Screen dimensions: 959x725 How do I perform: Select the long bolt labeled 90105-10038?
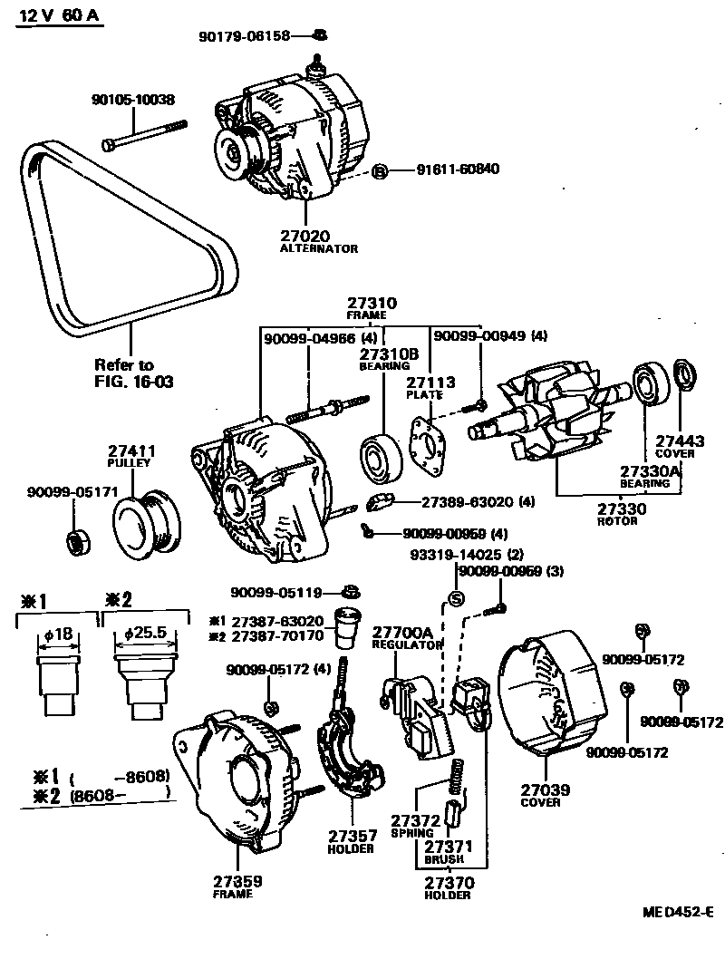[145, 133]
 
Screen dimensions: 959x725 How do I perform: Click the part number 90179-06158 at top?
[245, 36]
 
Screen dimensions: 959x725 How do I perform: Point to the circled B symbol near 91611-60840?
[381, 170]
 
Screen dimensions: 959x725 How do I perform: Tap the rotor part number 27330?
[621, 509]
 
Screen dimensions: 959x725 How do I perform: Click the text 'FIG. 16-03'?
[133, 382]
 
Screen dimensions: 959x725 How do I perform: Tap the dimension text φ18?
[57, 634]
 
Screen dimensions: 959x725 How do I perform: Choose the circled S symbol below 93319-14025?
[457, 599]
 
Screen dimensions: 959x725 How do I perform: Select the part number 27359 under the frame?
[238, 879]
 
